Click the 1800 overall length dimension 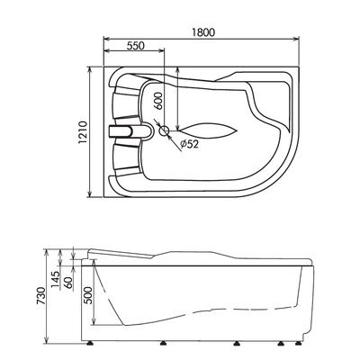pyautogui.click(x=203, y=31)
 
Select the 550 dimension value pyautogui.click(x=136, y=45)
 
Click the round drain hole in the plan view pyautogui.click(x=165, y=131)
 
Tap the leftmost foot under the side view pyautogui.click(x=93, y=343)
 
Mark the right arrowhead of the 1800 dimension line pyautogui.click(x=299, y=40)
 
